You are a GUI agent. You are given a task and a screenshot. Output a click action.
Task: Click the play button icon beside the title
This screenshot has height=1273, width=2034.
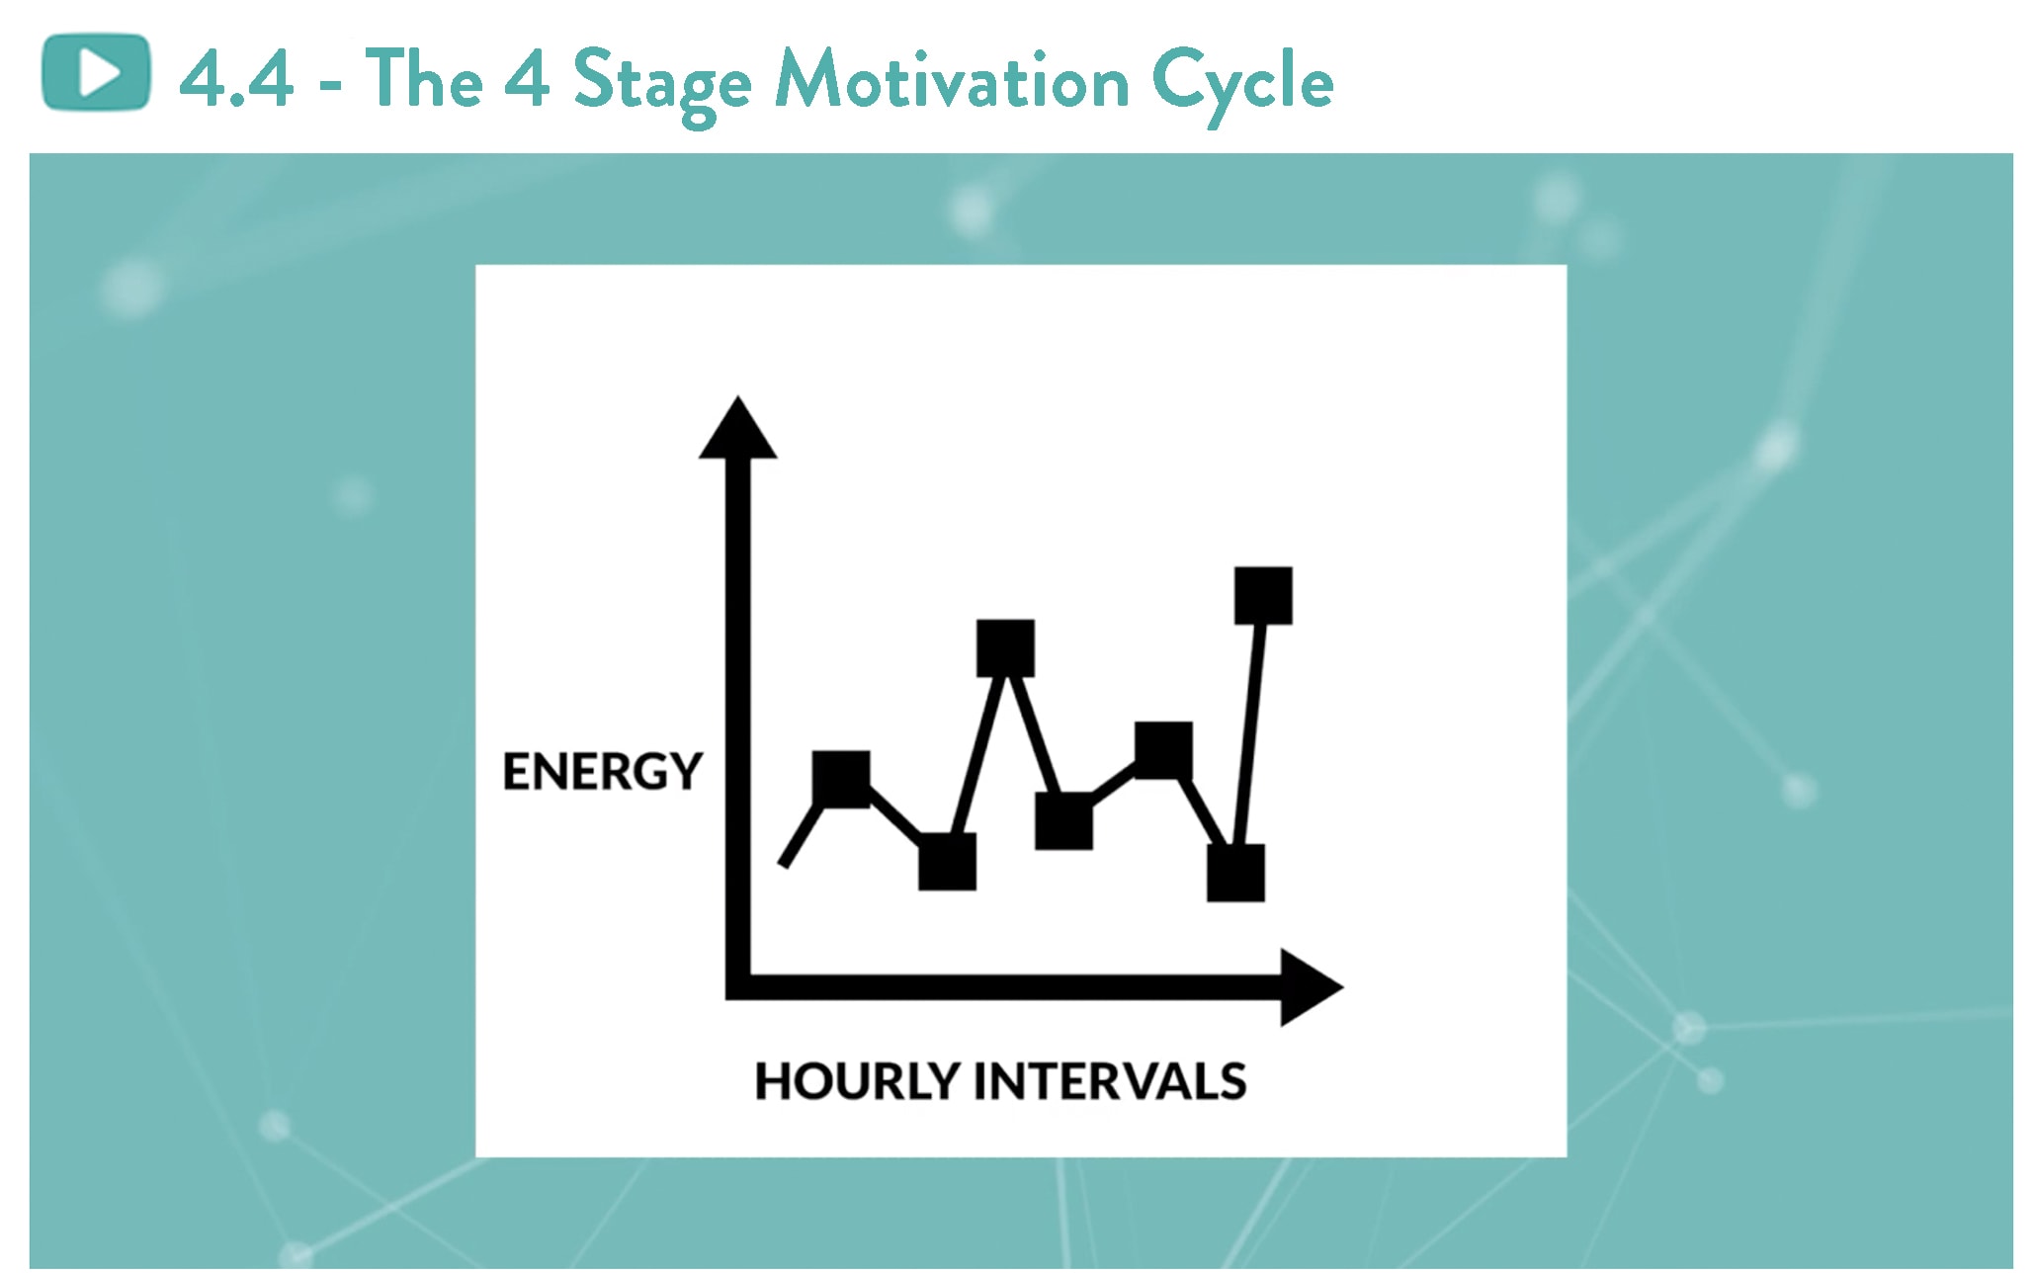pyautogui.click(x=96, y=72)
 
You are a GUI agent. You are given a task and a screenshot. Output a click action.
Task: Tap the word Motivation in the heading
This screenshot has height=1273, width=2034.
pyautogui.click(x=952, y=78)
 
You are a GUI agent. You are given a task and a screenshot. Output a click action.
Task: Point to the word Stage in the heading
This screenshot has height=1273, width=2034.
pyautogui.click(x=662, y=85)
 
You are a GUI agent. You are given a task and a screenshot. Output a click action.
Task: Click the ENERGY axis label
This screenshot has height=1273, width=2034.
pyautogui.click(x=602, y=771)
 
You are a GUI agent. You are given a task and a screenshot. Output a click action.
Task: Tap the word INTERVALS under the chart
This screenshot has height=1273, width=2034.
pyautogui.click(x=1110, y=1080)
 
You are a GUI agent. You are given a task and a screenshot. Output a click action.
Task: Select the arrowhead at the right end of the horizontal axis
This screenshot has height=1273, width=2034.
pyautogui.click(x=1312, y=987)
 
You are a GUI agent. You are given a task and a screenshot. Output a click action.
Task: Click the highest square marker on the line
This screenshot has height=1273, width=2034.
pyautogui.click(x=1263, y=595)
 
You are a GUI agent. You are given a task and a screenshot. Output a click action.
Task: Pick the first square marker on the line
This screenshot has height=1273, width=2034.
pyautogui.click(x=841, y=779)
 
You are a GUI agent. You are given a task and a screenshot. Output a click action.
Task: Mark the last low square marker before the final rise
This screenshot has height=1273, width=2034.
pyautogui.click(x=1235, y=872)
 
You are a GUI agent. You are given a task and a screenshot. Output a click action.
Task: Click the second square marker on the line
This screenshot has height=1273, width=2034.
pyautogui.click(x=947, y=861)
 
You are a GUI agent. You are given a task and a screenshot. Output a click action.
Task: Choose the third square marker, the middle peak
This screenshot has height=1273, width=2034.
pyautogui.click(x=1005, y=648)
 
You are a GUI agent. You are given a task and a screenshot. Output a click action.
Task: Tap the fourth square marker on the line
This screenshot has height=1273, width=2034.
pyautogui.click(x=1063, y=820)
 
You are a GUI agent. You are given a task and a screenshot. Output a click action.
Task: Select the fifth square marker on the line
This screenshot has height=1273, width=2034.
pyautogui.click(x=1163, y=750)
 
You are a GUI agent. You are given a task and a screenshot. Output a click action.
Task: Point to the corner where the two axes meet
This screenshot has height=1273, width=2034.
pyautogui.click(x=737, y=987)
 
